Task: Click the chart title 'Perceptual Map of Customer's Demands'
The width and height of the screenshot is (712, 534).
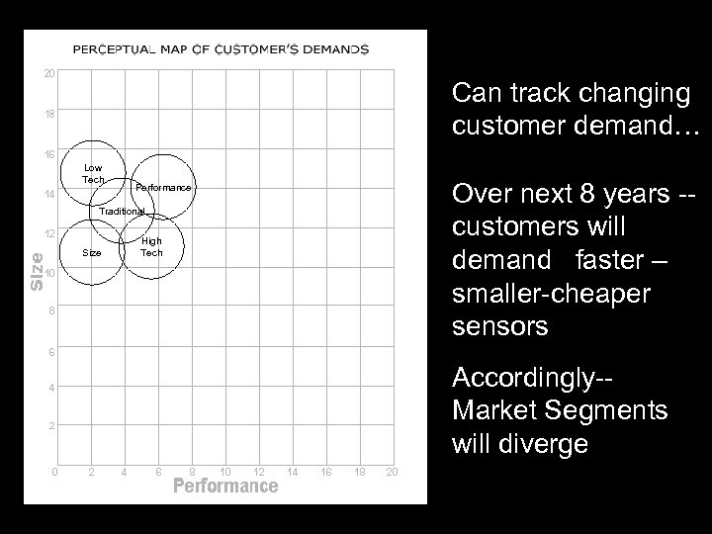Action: (222, 48)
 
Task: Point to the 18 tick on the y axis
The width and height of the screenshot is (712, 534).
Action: (49, 114)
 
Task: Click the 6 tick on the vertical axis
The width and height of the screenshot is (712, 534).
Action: (49, 351)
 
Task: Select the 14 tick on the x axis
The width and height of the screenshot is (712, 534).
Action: (293, 470)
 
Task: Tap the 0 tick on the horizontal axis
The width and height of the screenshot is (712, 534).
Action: (55, 470)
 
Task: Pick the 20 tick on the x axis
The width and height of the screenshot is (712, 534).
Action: (393, 470)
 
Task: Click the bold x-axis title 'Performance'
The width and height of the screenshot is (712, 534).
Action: (225, 486)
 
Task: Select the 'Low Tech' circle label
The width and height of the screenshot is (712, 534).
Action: (93, 173)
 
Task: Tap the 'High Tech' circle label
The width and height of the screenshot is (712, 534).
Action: (151, 246)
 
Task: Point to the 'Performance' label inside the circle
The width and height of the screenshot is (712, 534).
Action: (163, 187)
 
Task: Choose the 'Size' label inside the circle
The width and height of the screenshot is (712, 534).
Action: (92, 252)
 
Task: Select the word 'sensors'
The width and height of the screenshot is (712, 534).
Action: (499, 326)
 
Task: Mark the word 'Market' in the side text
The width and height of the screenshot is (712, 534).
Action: (491, 410)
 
